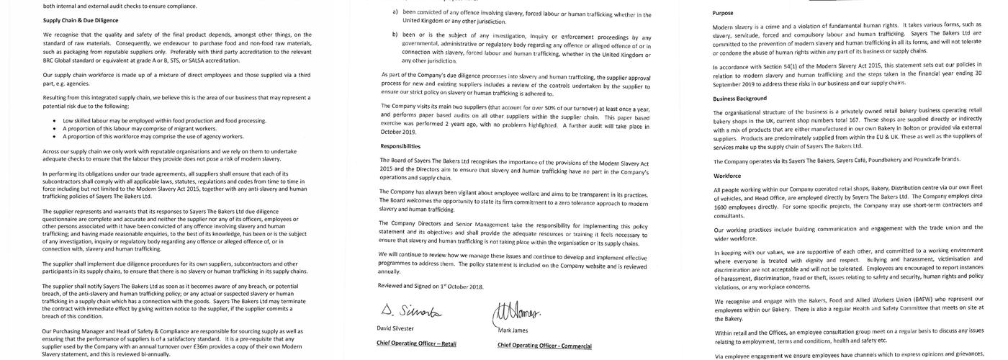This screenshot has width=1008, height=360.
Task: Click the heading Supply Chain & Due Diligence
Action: click(81, 20)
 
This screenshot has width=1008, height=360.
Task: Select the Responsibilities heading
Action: click(400, 145)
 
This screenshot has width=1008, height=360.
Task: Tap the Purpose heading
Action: click(724, 13)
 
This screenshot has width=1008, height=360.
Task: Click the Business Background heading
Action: click(739, 98)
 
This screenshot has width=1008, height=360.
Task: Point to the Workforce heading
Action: click(727, 175)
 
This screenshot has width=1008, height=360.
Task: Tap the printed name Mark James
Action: click(514, 330)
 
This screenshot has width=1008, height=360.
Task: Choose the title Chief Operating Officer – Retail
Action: click(416, 343)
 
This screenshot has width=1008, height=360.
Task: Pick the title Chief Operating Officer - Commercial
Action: click(544, 346)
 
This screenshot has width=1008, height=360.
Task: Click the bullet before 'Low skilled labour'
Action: click(55, 121)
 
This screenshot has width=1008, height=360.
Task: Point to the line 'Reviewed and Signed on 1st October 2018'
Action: click(431, 286)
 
